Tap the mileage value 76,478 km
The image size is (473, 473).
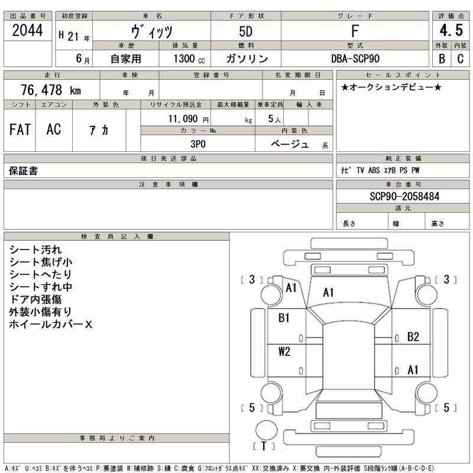[51, 90]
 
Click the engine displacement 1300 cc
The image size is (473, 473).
[190, 59]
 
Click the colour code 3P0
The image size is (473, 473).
[197, 144]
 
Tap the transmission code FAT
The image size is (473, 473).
[20, 129]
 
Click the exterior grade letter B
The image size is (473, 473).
[442, 59]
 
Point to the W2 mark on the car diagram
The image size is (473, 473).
[284, 352]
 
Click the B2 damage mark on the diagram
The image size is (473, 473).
[413, 337]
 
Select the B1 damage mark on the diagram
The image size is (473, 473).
[284, 318]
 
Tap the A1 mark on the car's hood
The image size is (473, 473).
[328, 292]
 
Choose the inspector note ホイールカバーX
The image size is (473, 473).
[51, 325]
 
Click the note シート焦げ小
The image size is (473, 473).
[41, 262]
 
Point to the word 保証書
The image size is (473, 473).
[24, 171]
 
